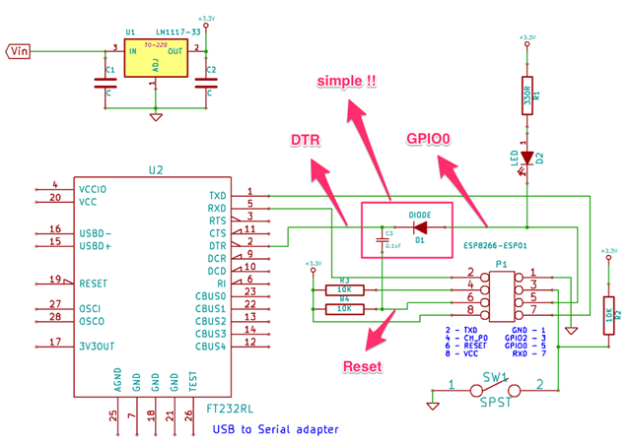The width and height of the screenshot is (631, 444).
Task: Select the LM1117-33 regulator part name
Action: (178, 32)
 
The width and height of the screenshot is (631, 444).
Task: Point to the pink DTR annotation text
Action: (306, 142)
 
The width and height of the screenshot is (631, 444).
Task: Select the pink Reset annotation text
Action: (362, 366)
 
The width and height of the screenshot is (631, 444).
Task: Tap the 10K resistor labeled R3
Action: (344, 289)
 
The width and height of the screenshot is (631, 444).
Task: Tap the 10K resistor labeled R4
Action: (344, 308)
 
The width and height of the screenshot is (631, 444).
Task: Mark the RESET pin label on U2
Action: (94, 281)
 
